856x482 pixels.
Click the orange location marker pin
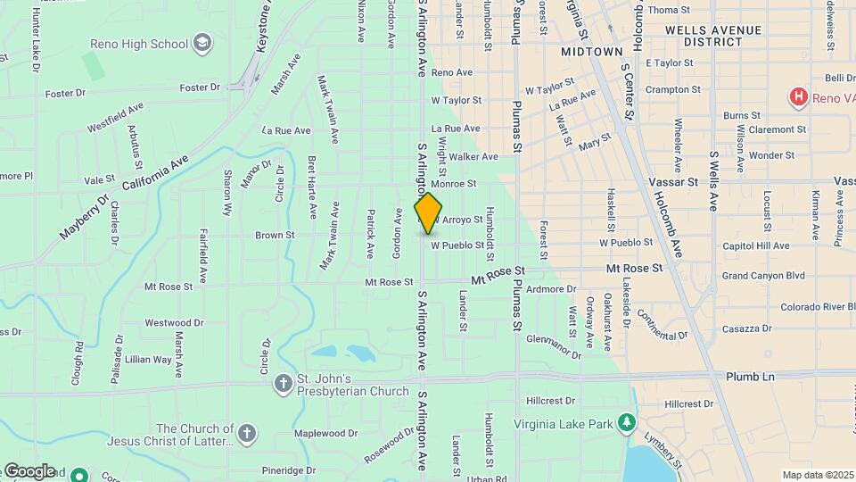click(x=429, y=212)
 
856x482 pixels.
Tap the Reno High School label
click(x=139, y=44)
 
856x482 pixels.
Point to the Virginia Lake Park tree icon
click(x=628, y=422)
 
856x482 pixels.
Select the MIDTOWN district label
click(x=591, y=53)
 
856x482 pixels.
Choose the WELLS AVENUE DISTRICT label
click(x=713, y=36)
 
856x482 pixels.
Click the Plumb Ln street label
click(x=750, y=377)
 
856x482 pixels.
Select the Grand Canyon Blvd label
click(x=763, y=276)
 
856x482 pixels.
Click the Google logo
click(x=29, y=471)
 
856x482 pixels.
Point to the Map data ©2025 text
click(x=818, y=475)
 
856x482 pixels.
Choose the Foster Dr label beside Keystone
click(x=199, y=87)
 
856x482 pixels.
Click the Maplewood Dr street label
click(x=325, y=434)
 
